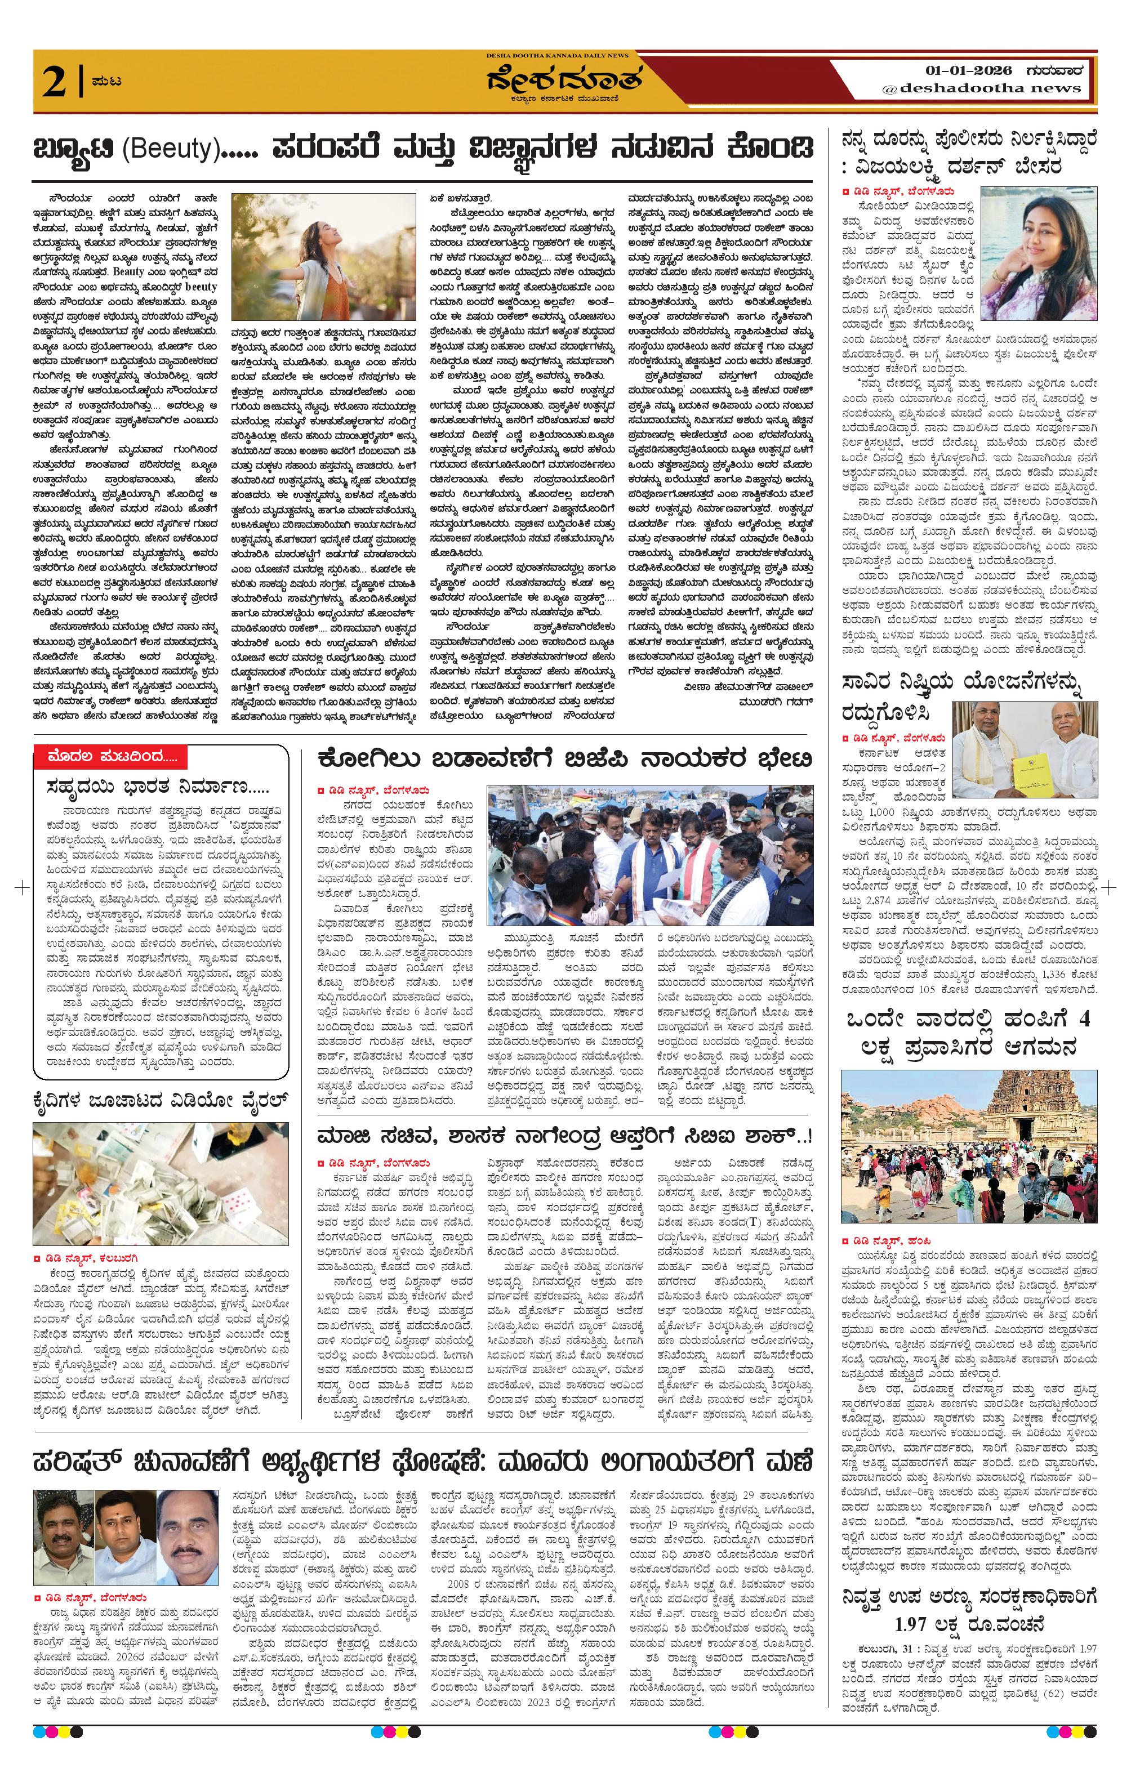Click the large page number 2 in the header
55,82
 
